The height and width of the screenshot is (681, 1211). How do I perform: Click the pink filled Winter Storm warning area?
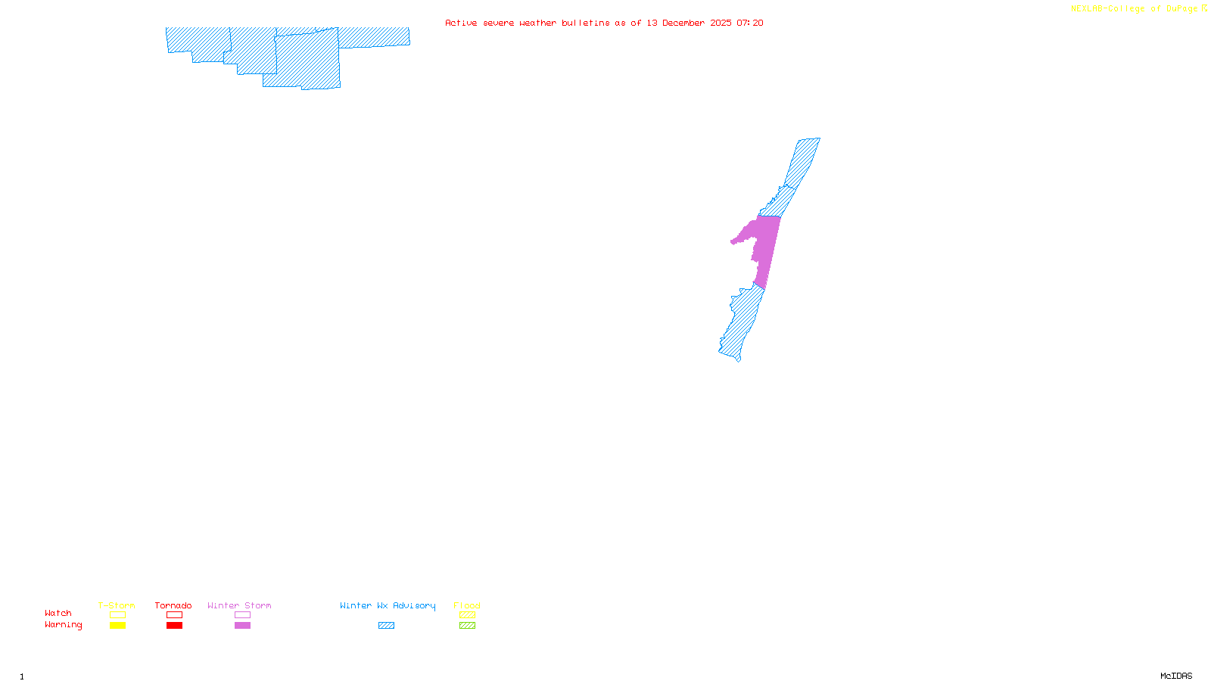pos(766,246)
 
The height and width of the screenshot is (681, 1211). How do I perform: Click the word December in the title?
pos(683,23)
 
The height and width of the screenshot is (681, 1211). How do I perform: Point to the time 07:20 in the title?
pos(749,23)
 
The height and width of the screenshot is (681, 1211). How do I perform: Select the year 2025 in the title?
pos(721,23)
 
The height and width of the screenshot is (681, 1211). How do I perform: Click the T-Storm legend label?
pos(117,605)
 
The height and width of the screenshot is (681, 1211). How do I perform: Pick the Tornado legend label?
pos(173,605)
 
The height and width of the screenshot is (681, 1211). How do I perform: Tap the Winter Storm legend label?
pos(239,605)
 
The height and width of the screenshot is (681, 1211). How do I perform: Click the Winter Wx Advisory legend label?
pos(388,605)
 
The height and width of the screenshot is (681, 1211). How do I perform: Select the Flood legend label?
pos(467,605)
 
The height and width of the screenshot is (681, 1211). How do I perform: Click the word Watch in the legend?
pos(58,613)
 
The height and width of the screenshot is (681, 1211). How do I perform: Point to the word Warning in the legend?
pos(64,625)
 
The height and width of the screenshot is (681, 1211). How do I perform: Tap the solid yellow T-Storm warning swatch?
pos(117,626)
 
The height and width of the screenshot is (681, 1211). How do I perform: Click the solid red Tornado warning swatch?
pos(174,626)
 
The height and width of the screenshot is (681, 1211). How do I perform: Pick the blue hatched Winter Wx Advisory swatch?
pos(386,626)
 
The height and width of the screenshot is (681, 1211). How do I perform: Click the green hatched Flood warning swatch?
pos(467,626)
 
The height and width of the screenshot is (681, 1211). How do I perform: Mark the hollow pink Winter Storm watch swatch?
pos(242,615)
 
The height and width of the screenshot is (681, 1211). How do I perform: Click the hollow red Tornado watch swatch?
pos(174,615)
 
